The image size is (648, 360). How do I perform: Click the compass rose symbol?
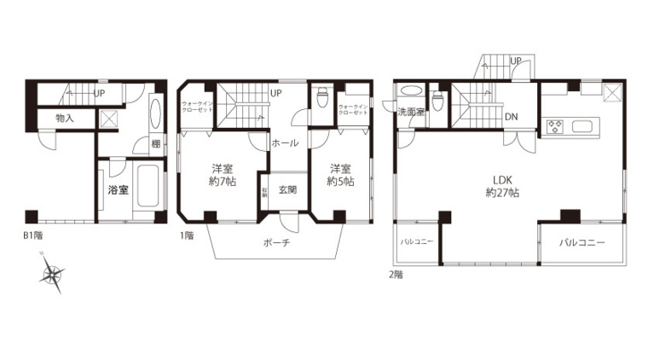(x=53, y=276)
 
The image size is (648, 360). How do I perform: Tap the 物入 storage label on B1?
(x=64, y=119)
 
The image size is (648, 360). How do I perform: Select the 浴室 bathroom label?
(x=118, y=189)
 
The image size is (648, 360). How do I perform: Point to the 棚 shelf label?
(x=156, y=142)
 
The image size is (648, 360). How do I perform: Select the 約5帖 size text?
(x=342, y=182)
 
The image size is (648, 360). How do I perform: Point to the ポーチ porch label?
(x=277, y=242)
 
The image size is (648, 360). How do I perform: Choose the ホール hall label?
(x=285, y=142)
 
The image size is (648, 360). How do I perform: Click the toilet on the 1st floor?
(x=321, y=100)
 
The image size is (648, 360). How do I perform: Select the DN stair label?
(x=512, y=117)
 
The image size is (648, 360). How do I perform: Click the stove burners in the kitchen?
(x=555, y=127)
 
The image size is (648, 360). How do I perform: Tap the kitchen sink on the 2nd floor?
(x=583, y=127)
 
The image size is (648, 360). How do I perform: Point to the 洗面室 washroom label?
(x=409, y=112)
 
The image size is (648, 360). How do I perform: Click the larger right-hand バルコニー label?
(x=581, y=243)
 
